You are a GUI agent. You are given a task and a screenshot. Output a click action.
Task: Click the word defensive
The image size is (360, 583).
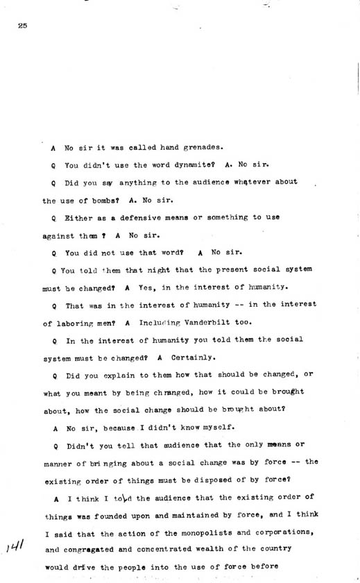pos(139,217)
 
